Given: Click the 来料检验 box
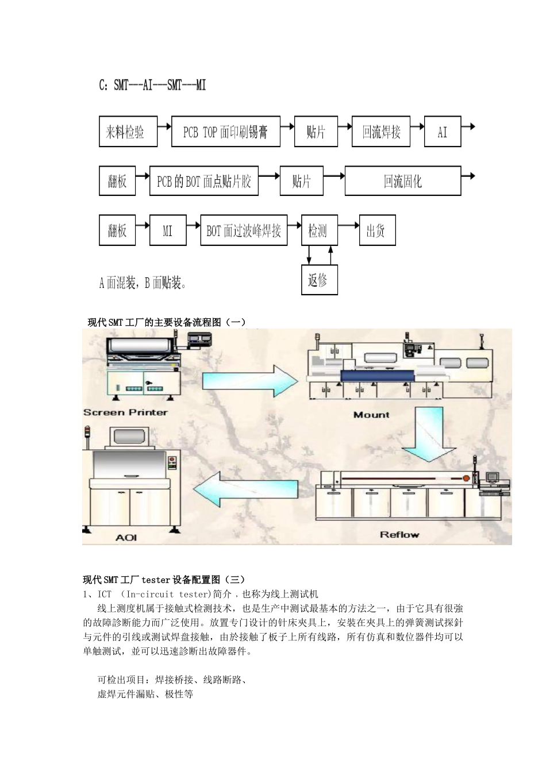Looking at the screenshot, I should (128, 132).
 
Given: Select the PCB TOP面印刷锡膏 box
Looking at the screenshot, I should (226, 132).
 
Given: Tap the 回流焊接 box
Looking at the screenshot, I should (381, 132).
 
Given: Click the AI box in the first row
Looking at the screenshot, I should (443, 132).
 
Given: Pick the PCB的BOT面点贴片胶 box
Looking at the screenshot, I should (204, 182).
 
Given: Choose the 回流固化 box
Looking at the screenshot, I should (402, 182).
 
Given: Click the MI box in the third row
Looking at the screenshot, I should (168, 231).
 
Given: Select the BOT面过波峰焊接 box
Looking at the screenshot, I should (244, 231).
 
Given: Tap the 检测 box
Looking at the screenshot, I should (320, 231).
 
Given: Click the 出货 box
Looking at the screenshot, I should (377, 231).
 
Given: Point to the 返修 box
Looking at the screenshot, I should (320, 280).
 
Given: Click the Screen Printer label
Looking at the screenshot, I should (125, 412).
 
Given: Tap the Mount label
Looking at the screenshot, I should (371, 415).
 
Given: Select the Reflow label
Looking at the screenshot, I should (399, 535).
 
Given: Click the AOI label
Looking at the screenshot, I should (126, 538).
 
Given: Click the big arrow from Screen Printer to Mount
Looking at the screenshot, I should (250, 380).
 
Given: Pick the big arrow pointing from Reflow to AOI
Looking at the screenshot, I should (245, 490).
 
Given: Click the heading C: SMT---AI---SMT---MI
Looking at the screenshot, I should (153, 86).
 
